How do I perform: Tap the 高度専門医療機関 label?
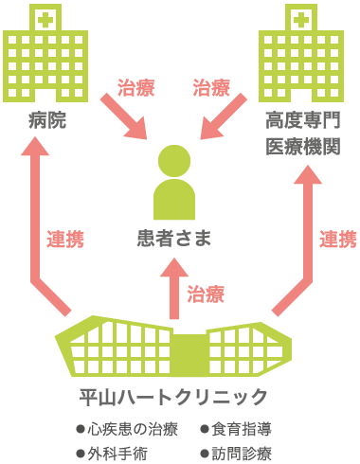[301, 134]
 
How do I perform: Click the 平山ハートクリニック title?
[173, 397]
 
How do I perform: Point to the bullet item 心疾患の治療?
[126, 428]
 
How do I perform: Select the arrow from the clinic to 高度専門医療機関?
[301, 227]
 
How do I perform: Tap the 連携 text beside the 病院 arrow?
[65, 240]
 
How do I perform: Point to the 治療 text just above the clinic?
[206, 294]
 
